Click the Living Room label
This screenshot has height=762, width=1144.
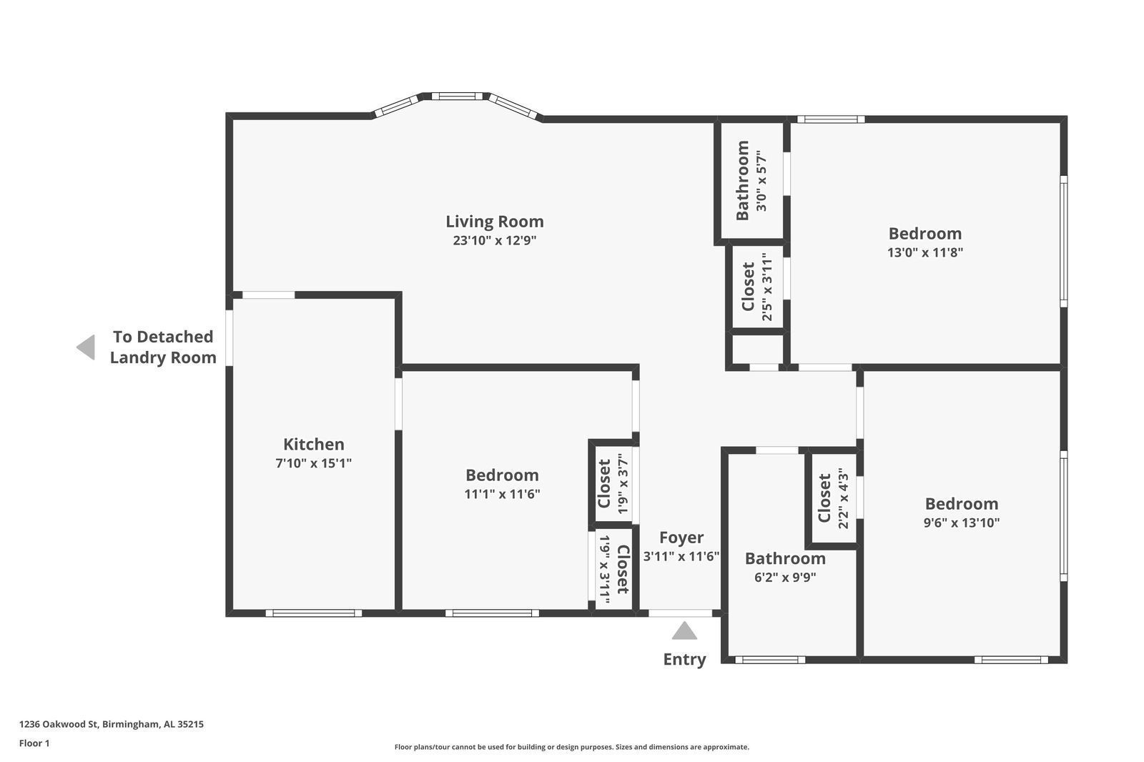pyautogui.click(x=494, y=222)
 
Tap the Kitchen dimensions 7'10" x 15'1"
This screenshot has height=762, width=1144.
pyautogui.click(x=314, y=463)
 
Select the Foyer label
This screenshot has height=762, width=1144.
pyautogui.click(x=681, y=538)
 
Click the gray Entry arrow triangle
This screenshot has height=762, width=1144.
pyautogui.click(x=684, y=630)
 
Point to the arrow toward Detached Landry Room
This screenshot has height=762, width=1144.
pyautogui.click(x=86, y=347)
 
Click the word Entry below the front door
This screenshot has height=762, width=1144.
pyautogui.click(x=684, y=659)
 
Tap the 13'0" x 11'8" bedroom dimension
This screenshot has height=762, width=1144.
pyautogui.click(x=925, y=252)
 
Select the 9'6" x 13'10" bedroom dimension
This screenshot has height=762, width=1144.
pyautogui.click(x=961, y=523)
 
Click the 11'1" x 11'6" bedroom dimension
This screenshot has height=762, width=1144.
pyautogui.click(x=502, y=494)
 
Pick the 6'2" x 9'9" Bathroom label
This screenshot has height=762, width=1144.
pyautogui.click(x=785, y=558)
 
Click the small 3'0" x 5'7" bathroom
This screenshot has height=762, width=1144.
pyautogui.click(x=751, y=181)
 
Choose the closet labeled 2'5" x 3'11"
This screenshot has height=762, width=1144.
pyautogui.click(x=757, y=287)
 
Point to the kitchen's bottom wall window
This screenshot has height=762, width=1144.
pyautogui.click(x=314, y=613)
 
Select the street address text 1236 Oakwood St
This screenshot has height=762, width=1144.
pyautogui.click(x=59, y=724)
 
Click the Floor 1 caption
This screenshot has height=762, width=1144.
pyautogui.click(x=34, y=743)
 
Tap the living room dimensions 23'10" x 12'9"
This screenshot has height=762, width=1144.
pyautogui.click(x=494, y=240)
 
